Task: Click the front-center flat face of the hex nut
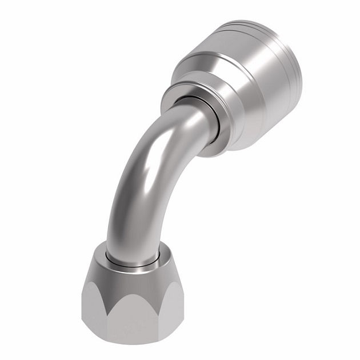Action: (x=133, y=320)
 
